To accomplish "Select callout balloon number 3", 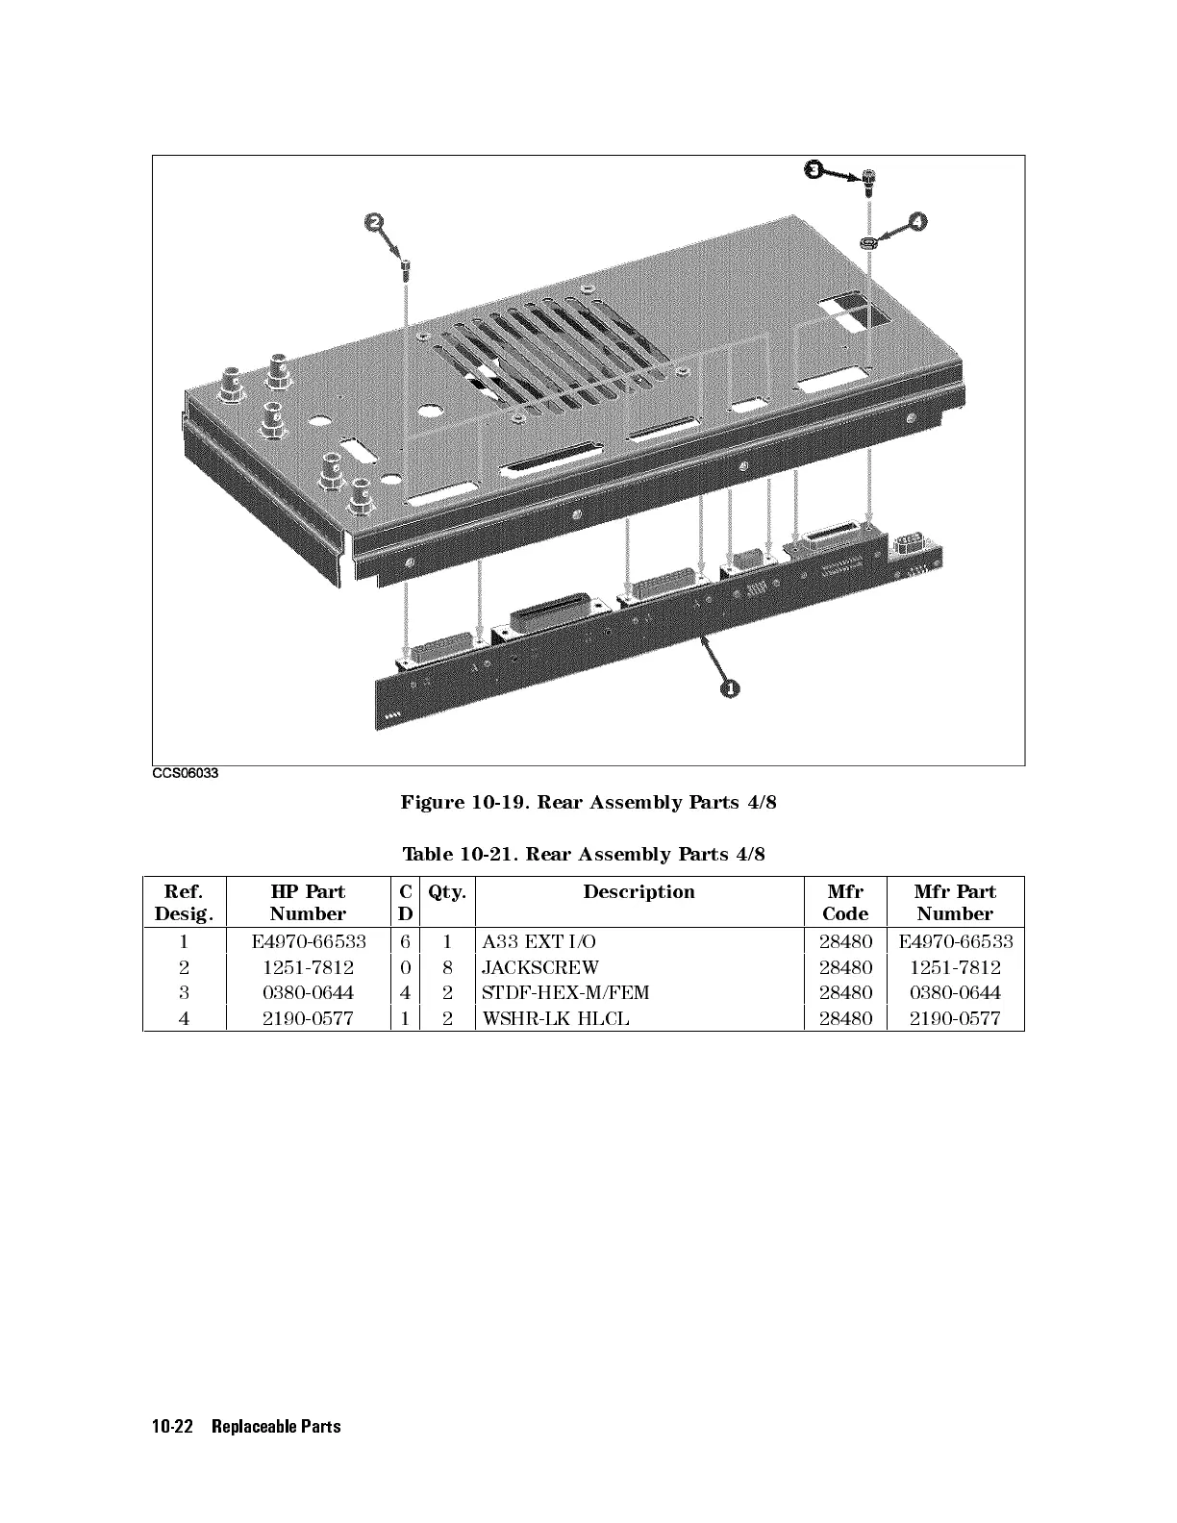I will tap(813, 170).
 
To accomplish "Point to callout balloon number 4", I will tap(919, 221).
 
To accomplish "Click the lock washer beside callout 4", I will tap(868, 239).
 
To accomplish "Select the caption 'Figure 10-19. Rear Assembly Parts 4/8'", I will tap(588, 802).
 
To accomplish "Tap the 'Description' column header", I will tap(639, 892).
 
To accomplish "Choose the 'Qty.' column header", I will tap(447, 892).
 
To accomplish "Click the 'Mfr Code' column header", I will tap(845, 903).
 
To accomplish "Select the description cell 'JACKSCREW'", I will tap(539, 967).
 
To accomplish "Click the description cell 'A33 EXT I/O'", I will tap(538, 941).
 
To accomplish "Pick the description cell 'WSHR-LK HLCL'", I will tap(555, 1018).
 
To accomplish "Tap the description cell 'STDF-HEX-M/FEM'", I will tap(565, 993).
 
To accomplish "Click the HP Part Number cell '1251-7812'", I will tap(308, 967).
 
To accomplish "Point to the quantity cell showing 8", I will tap(447, 967).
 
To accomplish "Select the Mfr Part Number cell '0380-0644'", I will tap(955, 993).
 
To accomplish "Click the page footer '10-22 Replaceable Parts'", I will tap(246, 1426).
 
